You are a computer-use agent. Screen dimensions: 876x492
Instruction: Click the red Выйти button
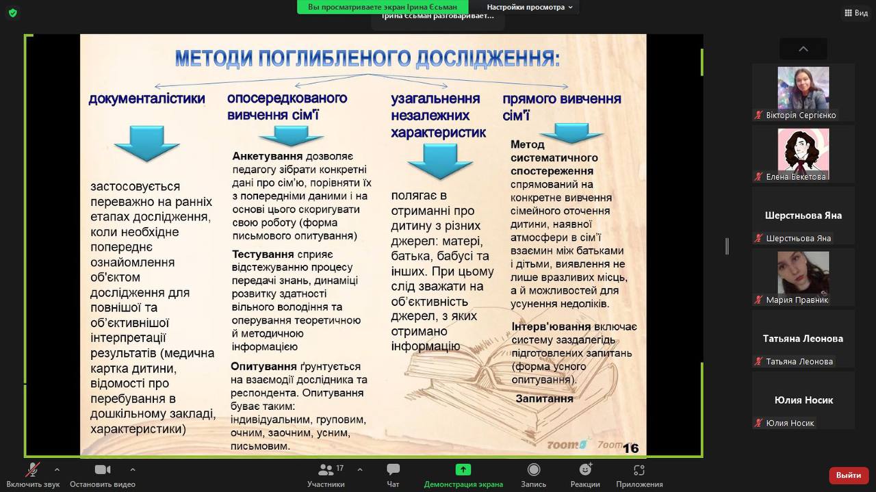click(x=848, y=475)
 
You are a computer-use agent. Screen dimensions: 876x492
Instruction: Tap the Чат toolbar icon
click(x=393, y=469)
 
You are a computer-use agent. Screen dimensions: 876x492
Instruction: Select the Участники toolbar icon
click(x=326, y=469)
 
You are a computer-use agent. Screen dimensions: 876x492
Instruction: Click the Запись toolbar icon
click(x=533, y=469)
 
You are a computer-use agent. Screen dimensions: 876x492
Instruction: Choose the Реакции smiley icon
click(x=585, y=469)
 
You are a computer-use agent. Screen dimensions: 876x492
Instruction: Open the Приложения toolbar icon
click(x=639, y=469)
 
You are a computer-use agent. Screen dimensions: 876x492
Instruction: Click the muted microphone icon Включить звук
click(x=33, y=469)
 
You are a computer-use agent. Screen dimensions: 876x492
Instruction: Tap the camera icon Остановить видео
click(x=103, y=469)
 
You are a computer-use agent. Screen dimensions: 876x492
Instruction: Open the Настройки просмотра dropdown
click(x=530, y=7)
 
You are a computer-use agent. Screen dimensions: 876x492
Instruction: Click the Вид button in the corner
click(x=856, y=13)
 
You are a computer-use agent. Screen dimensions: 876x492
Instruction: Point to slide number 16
click(x=630, y=448)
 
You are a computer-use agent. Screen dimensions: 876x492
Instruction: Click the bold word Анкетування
click(x=267, y=156)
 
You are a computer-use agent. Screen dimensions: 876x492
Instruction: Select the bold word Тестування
click(x=263, y=255)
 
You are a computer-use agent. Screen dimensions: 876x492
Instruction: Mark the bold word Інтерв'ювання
click(x=551, y=326)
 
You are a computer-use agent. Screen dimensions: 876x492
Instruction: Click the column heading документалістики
click(x=146, y=98)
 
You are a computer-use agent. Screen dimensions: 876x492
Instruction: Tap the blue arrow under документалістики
click(x=146, y=143)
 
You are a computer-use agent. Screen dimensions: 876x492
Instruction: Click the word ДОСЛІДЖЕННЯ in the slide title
click(x=487, y=58)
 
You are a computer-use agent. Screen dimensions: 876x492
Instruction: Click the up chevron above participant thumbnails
click(x=803, y=49)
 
